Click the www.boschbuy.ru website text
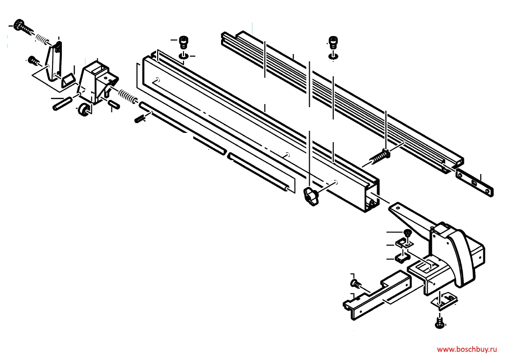tap(467, 349)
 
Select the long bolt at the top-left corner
tap(23, 27)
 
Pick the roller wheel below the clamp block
tap(84, 110)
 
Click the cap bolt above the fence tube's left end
tap(183, 42)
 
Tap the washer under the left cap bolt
tap(184, 56)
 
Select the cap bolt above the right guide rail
tap(333, 43)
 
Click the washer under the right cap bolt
tap(333, 56)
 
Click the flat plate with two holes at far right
tap(475, 183)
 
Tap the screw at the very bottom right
tap(440, 322)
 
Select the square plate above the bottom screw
tap(444, 300)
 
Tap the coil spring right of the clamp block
tap(128, 96)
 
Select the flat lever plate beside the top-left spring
tap(54, 62)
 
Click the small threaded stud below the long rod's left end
tap(140, 118)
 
